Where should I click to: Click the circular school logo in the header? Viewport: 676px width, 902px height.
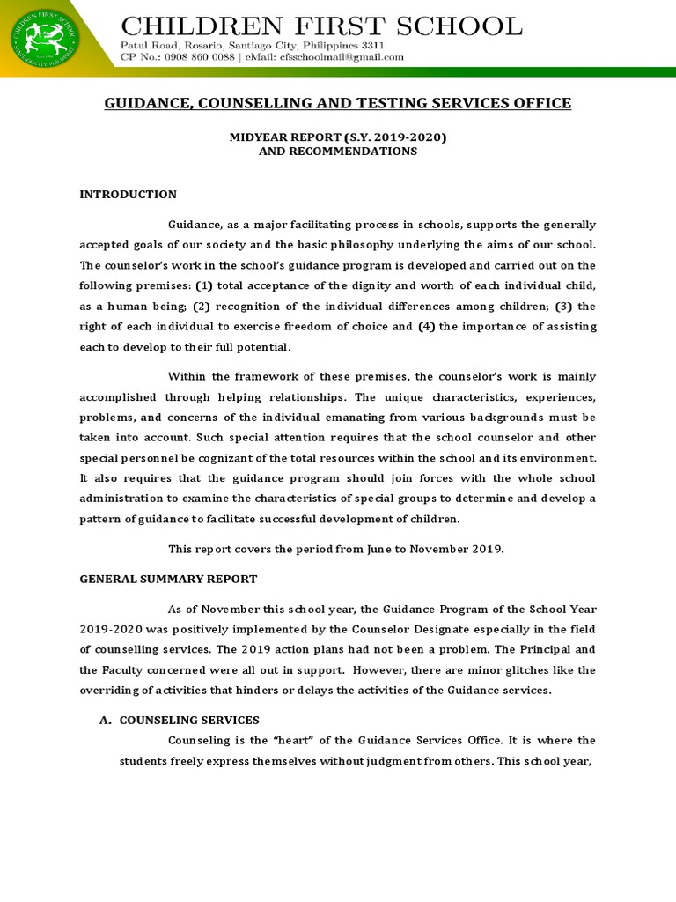point(43,38)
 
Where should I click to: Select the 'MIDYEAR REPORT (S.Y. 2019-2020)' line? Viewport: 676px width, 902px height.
point(337,137)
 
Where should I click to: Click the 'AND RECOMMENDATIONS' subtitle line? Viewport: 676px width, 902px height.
point(337,151)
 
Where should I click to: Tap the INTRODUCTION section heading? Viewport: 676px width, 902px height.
point(129,195)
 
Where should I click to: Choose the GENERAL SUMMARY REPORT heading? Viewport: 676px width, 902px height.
point(168,579)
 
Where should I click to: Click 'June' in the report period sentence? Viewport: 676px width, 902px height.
point(392,549)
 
